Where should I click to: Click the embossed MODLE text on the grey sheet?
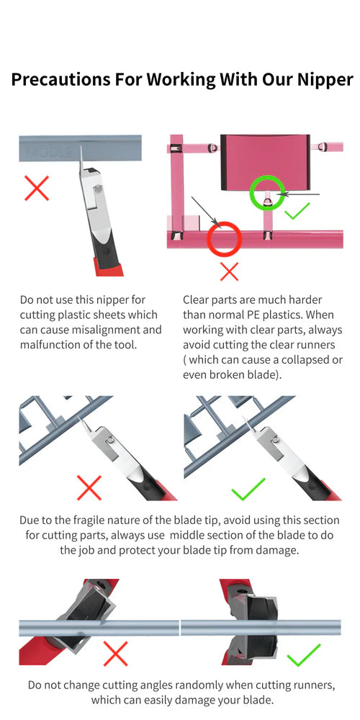pyautogui.click(x=48, y=153)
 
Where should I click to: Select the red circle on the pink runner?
pyautogui.click(x=224, y=238)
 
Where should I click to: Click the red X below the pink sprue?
pyautogui.click(x=228, y=271)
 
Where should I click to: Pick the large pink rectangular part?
pyautogui.click(x=264, y=162)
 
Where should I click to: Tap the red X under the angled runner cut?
pyautogui.click(x=114, y=653)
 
